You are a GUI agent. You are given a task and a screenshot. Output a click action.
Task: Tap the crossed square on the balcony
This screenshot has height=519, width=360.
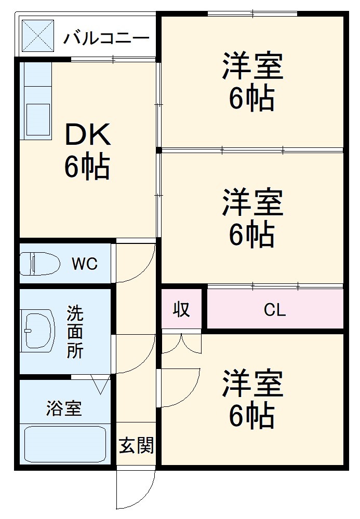[38, 35]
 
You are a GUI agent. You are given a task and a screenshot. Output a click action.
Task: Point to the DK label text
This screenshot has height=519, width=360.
[88, 135]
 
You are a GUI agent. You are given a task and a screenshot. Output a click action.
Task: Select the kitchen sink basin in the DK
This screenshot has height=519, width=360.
[38, 119]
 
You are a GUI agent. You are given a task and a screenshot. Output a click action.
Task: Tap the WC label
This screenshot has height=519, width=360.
[85, 264]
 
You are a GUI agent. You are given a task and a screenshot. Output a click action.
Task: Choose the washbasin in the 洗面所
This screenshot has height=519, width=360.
[37, 331]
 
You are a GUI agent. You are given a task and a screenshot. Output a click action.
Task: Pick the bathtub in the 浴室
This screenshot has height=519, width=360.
[65, 444]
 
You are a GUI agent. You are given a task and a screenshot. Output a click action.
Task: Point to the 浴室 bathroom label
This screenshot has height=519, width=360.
[64, 408]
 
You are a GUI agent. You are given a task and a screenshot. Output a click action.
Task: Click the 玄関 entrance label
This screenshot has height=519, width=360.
[137, 445]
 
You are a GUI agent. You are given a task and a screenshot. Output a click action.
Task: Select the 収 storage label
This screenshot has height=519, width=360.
[181, 309]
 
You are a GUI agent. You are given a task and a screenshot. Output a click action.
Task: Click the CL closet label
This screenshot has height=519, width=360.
[275, 310]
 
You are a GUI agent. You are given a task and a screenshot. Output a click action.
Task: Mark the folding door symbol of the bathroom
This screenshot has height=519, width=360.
[100, 384]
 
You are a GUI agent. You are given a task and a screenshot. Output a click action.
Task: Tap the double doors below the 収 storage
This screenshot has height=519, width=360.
[181, 344]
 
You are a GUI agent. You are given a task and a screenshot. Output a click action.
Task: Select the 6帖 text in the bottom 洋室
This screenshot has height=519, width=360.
[252, 415]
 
